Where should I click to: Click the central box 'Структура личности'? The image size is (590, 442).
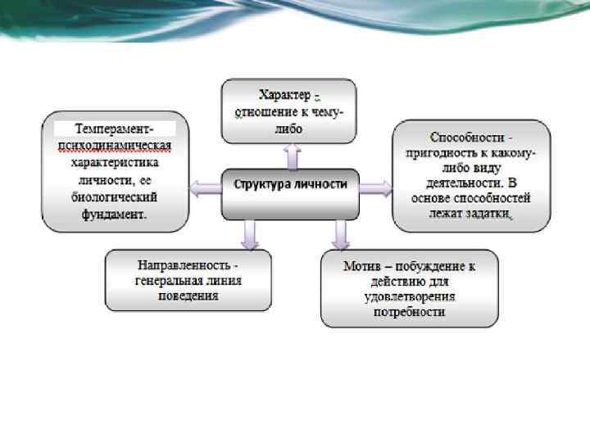tap(290, 185)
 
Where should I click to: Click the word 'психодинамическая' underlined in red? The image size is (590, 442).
tap(115, 146)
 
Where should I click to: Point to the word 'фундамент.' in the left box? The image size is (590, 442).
tap(114, 214)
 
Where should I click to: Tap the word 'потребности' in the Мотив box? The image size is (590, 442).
tap(411, 312)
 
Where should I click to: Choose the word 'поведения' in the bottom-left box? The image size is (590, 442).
tap(188, 296)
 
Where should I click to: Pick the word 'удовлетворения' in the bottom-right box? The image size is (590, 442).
tap(411, 296)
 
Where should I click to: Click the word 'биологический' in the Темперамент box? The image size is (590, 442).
tap(114, 197)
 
